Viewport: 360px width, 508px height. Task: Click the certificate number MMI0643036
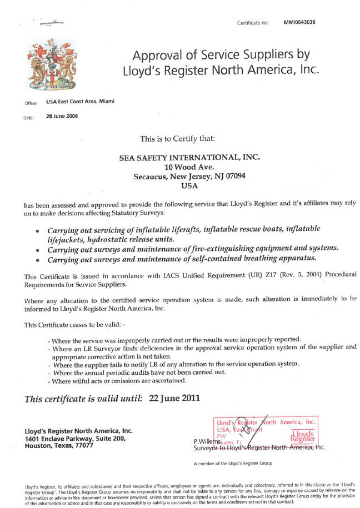tap(299, 23)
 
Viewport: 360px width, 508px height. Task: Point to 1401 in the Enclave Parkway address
tap(33, 439)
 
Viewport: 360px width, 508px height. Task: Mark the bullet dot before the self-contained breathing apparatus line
tap(37, 259)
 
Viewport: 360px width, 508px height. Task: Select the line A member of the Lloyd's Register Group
tap(232, 463)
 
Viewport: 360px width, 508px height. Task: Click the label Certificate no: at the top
tap(253, 23)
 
